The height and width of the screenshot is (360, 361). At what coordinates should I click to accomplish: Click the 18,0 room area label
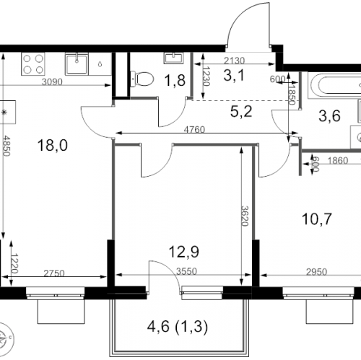pyautogui.click(x=53, y=145)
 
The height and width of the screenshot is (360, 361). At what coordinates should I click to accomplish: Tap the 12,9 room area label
pyautogui.click(x=184, y=252)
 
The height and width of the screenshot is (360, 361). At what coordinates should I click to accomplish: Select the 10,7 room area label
pyautogui.click(x=317, y=219)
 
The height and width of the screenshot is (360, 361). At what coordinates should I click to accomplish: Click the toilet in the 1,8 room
pyautogui.click(x=142, y=79)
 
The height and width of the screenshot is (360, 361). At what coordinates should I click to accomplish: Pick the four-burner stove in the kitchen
pyautogui.click(x=33, y=64)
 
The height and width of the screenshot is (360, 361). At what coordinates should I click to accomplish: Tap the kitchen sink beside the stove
pyautogui.click(x=77, y=64)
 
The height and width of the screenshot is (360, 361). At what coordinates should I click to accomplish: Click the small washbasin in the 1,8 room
pyautogui.click(x=173, y=58)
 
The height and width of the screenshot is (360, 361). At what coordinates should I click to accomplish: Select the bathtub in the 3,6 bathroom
pyautogui.click(x=334, y=85)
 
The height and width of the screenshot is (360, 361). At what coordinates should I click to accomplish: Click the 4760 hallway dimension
pyautogui.click(x=194, y=130)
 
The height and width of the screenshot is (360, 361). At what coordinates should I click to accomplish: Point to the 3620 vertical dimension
pyautogui.click(x=245, y=216)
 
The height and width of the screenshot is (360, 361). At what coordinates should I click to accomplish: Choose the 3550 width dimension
pyautogui.click(x=186, y=271)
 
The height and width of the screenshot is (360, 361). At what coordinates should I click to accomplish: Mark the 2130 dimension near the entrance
pyautogui.click(x=234, y=61)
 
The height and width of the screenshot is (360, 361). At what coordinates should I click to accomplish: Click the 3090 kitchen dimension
pyautogui.click(x=52, y=82)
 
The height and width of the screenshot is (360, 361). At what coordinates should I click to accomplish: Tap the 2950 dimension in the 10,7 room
pyautogui.click(x=316, y=272)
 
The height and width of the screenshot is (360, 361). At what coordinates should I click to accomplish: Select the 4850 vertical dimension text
pyautogui.click(x=6, y=146)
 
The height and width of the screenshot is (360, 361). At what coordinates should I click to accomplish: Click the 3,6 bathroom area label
pyautogui.click(x=329, y=115)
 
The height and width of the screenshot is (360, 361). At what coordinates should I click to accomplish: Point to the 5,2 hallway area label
pyautogui.click(x=241, y=112)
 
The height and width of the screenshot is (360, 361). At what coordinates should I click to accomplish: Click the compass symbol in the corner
pyautogui.click(x=5, y=336)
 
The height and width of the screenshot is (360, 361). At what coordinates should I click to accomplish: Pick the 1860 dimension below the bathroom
pyautogui.click(x=338, y=160)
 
